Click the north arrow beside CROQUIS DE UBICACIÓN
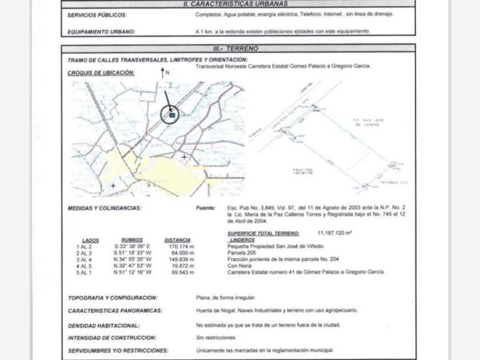(x=163, y=73)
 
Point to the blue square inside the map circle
(x=171, y=115)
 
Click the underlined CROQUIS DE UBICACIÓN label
(x=101, y=73)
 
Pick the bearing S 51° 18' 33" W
(x=132, y=253)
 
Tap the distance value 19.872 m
(x=181, y=266)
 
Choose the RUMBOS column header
(x=132, y=240)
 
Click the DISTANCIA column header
(x=177, y=240)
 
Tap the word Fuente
(x=206, y=209)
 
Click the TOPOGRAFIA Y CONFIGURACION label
(x=113, y=298)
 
